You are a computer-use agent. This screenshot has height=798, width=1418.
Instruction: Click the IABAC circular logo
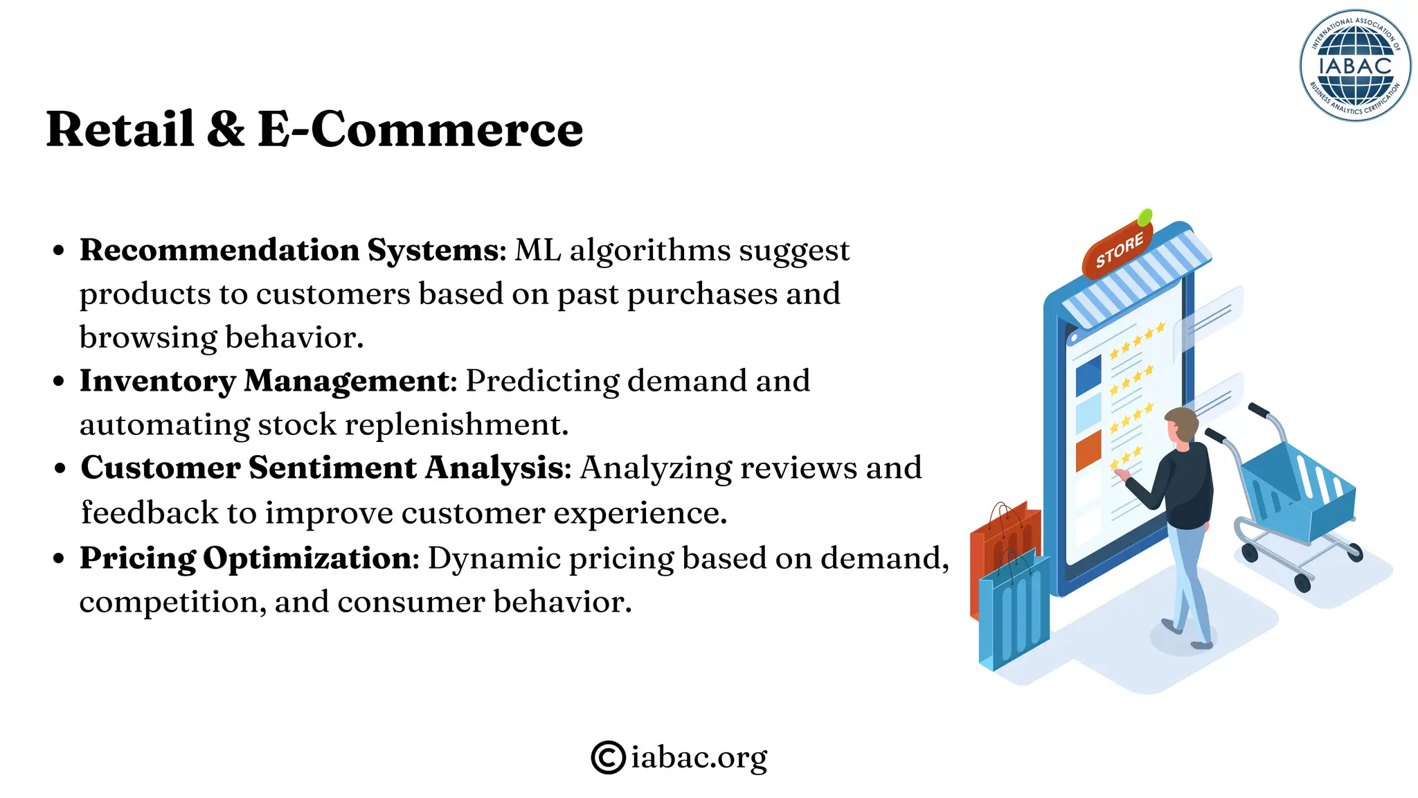tap(1355, 66)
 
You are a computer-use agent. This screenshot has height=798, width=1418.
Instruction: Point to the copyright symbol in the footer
tap(608, 756)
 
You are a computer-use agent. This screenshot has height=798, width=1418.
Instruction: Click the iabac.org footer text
tap(699, 756)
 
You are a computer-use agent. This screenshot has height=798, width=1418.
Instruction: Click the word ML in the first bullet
tap(537, 250)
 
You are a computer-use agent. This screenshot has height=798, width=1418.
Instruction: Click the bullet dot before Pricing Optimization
tap(60, 558)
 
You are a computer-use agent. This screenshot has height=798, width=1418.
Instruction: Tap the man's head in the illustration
tap(1181, 424)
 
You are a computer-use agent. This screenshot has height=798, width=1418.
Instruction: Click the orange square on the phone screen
tap(1088, 450)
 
